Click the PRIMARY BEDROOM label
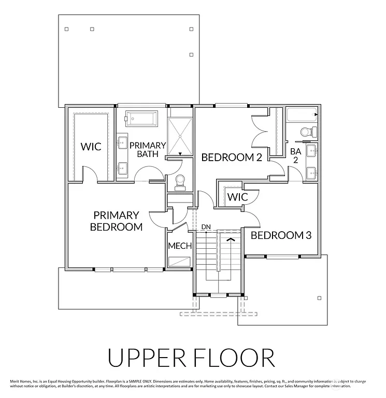(x=116, y=221)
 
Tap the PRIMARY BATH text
(x=148, y=150)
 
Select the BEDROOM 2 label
(x=232, y=157)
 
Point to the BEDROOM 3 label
(x=281, y=235)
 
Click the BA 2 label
(x=295, y=155)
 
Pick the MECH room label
(x=180, y=246)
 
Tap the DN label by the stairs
(x=206, y=227)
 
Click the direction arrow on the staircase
(x=231, y=239)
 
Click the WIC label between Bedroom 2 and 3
(x=237, y=197)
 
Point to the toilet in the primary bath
(x=180, y=180)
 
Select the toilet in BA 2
(x=306, y=132)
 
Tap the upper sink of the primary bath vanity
(x=123, y=142)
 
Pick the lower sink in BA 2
(x=311, y=172)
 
